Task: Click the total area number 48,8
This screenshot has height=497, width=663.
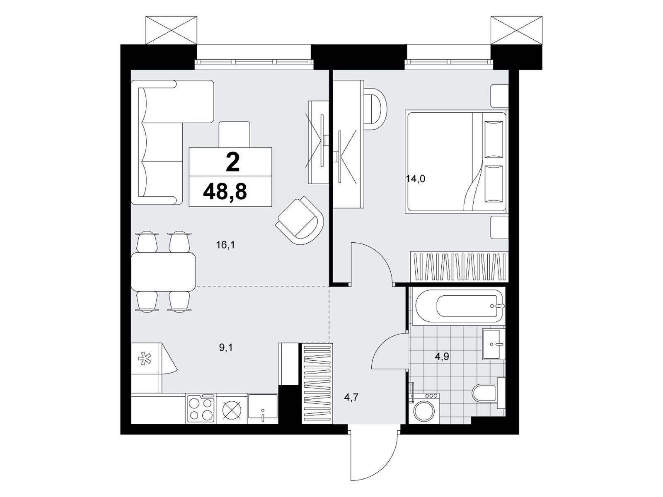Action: click(225, 192)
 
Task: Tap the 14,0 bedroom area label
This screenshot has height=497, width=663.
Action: click(415, 179)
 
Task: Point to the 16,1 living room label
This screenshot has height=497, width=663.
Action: click(225, 245)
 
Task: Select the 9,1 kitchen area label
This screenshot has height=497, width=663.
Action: click(226, 348)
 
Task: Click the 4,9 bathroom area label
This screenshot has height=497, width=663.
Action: click(442, 357)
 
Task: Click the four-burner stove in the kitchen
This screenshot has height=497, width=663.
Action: click(201, 409)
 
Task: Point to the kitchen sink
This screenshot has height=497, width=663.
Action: click(263, 409)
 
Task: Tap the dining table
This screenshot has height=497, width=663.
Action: click(163, 270)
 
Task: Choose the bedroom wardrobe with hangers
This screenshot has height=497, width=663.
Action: click(459, 267)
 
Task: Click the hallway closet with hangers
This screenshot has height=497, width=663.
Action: click(317, 383)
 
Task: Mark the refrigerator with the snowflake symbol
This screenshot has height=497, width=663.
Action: click(145, 367)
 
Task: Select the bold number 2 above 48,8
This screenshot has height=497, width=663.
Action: click(232, 162)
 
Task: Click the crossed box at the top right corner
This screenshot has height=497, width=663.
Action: click(516, 30)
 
